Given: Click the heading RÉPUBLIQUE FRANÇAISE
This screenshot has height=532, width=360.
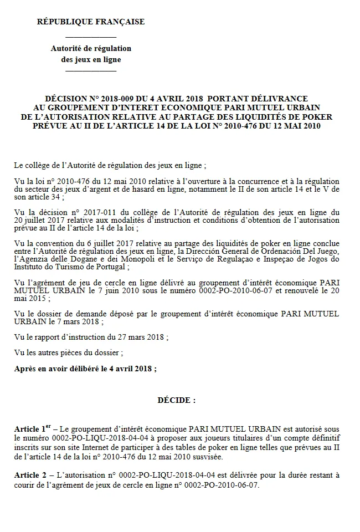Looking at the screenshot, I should pos(90,22).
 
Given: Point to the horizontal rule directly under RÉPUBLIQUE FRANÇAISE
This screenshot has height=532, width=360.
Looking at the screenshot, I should pos(91,37).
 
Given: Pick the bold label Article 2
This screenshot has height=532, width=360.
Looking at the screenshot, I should pos(31,475).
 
